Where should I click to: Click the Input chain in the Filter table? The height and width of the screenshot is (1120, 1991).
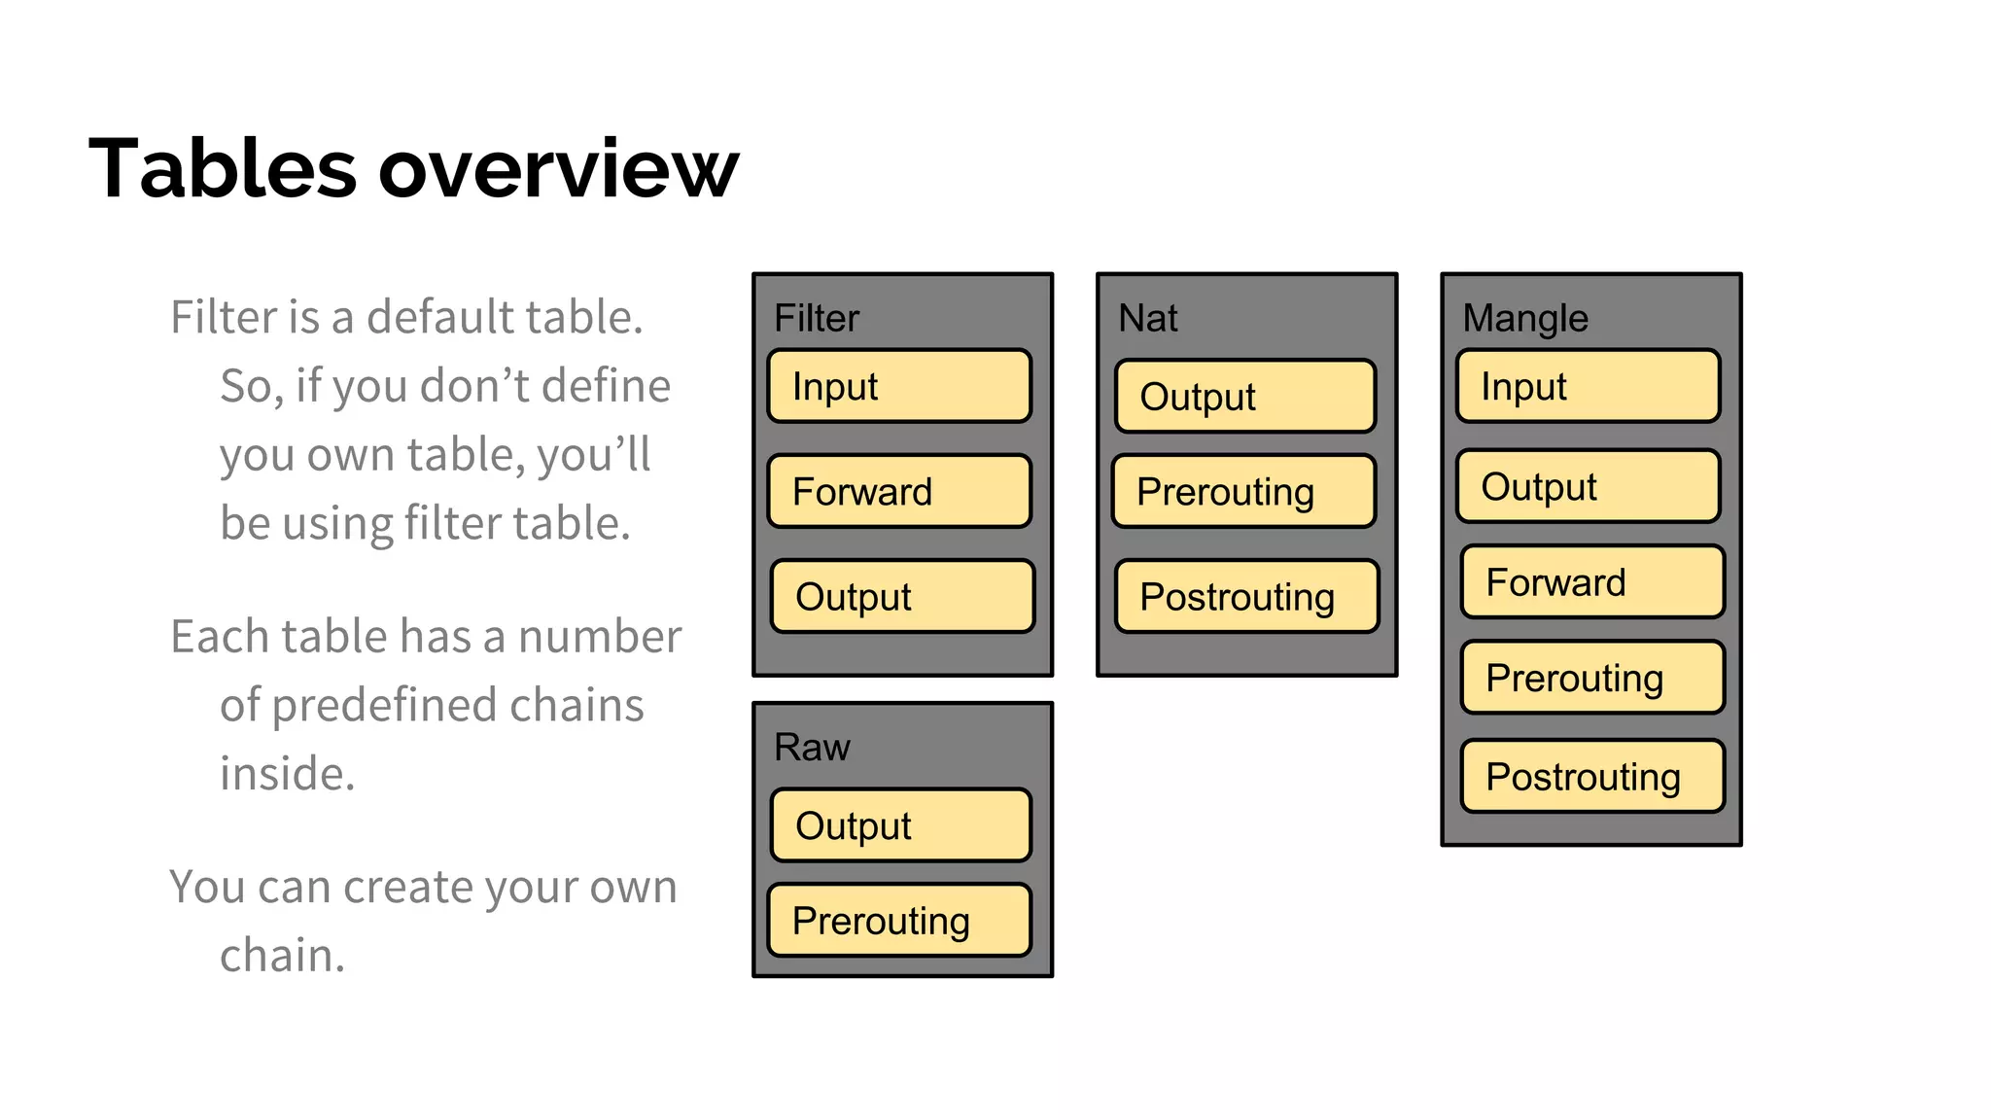899,386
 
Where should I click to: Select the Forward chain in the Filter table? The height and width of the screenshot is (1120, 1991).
899,491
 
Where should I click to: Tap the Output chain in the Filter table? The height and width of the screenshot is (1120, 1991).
902,596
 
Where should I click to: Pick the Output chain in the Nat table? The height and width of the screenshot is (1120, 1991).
1245,396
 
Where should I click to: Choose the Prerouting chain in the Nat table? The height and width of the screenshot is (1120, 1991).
1244,491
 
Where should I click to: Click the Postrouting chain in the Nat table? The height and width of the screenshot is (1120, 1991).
1247,596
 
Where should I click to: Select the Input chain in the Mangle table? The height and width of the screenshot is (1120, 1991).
1589,386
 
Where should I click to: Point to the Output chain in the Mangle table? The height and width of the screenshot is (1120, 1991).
1589,486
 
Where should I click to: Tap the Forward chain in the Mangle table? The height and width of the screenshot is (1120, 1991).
1592,581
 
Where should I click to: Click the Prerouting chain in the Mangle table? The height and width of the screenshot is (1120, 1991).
1592,677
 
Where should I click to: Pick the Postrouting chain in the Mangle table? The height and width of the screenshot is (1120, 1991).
1592,776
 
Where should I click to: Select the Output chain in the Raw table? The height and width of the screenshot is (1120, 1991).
901,825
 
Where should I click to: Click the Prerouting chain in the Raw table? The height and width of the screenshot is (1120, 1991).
899,920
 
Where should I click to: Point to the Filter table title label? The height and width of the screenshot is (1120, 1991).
817,318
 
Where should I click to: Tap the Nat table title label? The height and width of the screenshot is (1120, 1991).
1148,318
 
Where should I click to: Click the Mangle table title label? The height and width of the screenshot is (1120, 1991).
1525,318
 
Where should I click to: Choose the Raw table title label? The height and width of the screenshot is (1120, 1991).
812,747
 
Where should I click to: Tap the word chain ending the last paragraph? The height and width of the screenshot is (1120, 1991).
281,955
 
